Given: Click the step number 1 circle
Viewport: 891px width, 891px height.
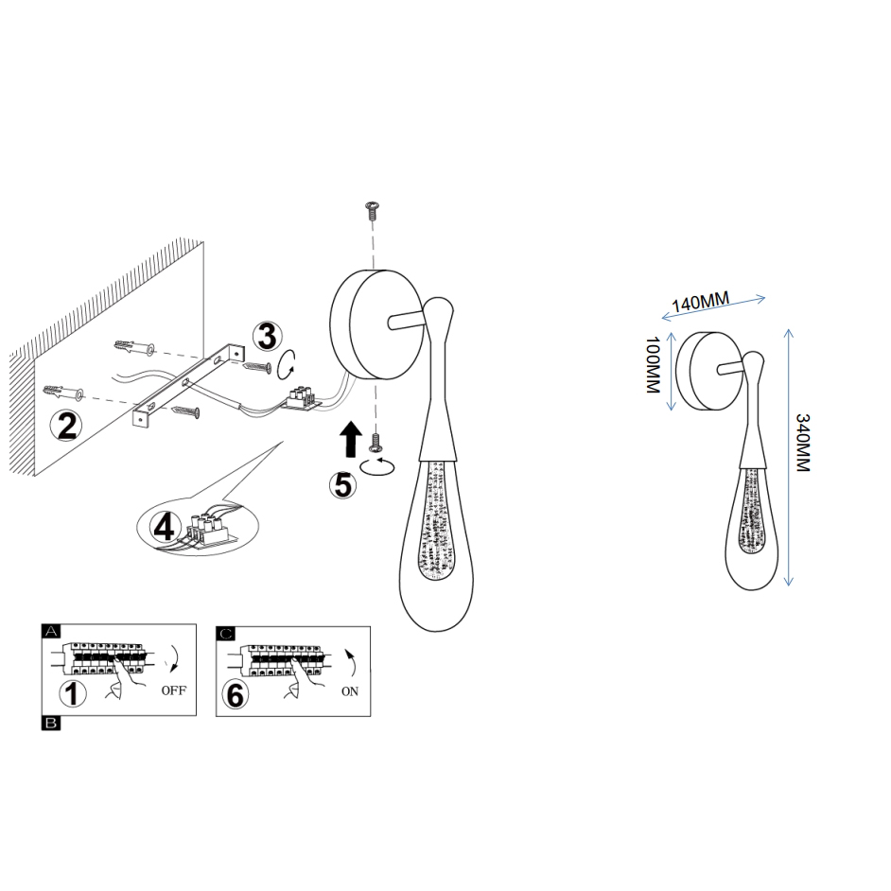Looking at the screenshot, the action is [x=73, y=693].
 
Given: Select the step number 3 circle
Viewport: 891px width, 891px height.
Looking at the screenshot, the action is [x=267, y=337].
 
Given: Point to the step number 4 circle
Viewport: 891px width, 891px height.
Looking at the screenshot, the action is [x=165, y=528].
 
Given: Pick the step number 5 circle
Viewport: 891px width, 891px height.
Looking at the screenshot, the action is [x=343, y=485].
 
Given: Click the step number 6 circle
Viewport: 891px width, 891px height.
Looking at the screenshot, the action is [x=235, y=695].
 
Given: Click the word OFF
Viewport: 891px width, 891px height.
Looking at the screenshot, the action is [x=174, y=690].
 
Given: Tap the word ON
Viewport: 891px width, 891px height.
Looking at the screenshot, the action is [x=350, y=691].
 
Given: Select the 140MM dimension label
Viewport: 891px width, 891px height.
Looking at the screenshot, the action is [x=701, y=301].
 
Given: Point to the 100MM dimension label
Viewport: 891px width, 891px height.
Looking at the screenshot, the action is [x=653, y=365].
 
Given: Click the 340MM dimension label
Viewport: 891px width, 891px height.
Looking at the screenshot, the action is [x=802, y=444].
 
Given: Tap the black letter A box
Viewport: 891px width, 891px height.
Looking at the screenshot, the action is [x=50, y=631].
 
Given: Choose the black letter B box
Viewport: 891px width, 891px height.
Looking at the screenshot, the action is [x=50, y=723].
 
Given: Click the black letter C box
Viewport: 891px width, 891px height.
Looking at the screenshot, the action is [x=225, y=633].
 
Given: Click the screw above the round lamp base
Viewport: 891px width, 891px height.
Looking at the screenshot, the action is [x=374, y=211].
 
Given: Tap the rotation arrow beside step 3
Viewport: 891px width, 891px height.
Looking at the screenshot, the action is [x=287, y=365].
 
